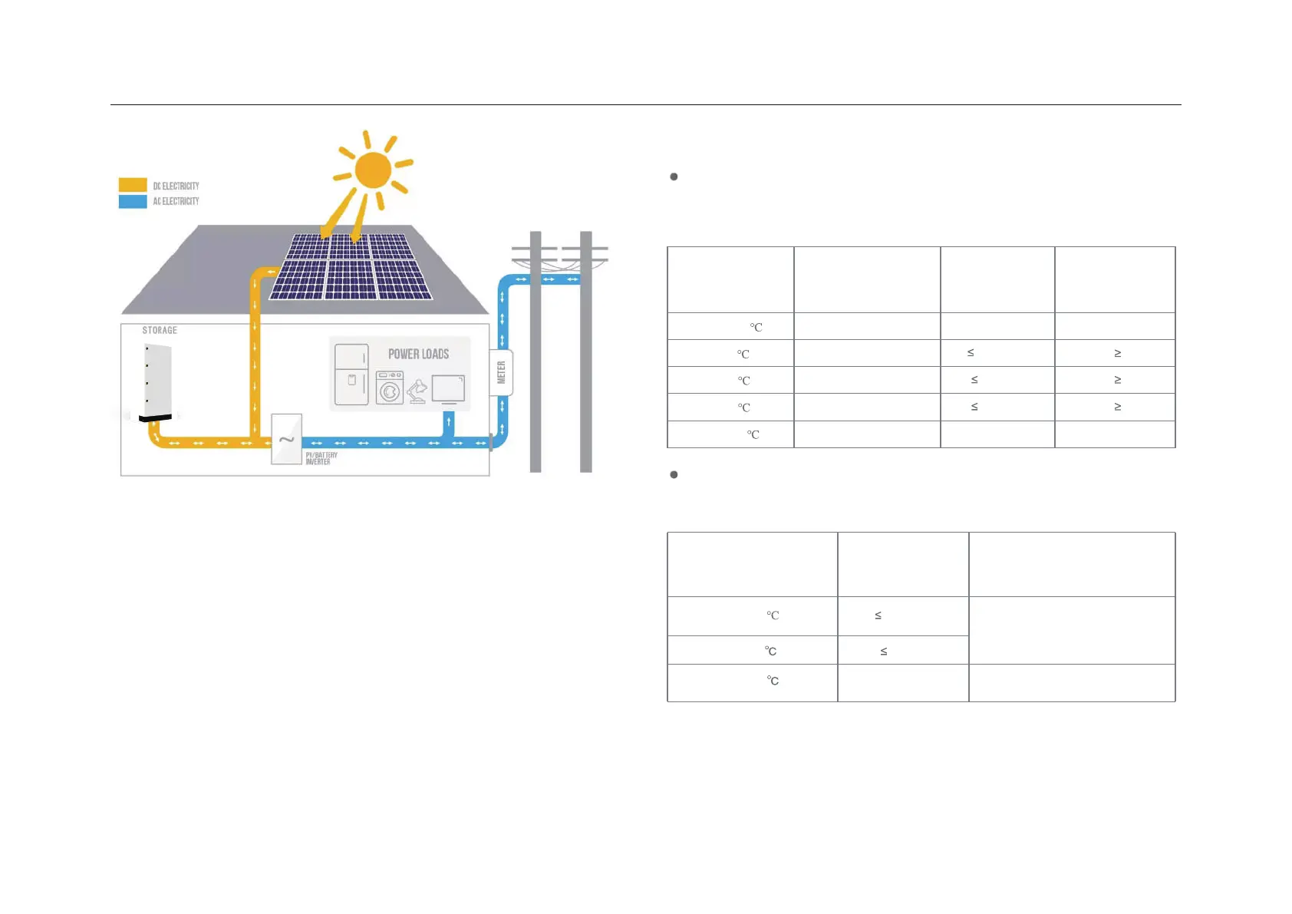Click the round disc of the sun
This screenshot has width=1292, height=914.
(374, 170)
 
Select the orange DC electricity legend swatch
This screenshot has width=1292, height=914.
(133, 185)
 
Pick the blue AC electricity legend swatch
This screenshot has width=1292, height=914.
(133, 201)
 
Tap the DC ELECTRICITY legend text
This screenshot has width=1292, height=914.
(176, 186)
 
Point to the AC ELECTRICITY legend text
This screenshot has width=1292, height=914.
(176, 201)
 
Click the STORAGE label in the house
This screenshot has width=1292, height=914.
(160, 330)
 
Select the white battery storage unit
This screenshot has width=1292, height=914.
(158, 379)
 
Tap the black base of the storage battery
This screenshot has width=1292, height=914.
(156, 417)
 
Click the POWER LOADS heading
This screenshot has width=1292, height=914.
(418, 354)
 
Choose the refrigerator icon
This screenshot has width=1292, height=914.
(351, 375)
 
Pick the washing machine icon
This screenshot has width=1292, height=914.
(390, 388)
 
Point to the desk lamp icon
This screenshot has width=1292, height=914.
(417, 391)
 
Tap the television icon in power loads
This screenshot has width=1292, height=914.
(448, 389)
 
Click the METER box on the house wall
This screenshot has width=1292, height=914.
(501, 373)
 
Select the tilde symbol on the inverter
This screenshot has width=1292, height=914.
(286, 440)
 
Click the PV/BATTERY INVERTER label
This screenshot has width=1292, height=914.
(321, 458)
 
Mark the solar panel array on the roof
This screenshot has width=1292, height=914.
(351, 266)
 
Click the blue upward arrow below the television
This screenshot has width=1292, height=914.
(449, 422)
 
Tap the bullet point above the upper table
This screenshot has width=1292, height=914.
(674, 177)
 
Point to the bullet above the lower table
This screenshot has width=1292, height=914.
(674, 474)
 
